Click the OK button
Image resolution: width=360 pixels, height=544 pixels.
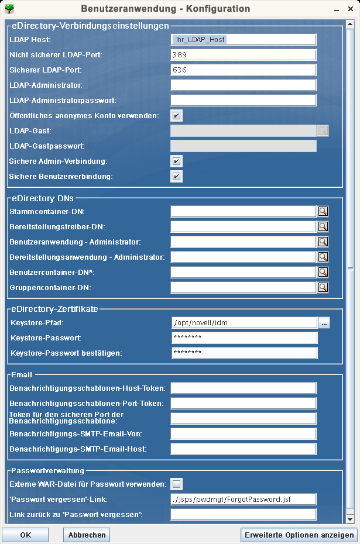tap(25, 535)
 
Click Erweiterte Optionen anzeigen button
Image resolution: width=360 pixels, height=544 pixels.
tap(299, 535)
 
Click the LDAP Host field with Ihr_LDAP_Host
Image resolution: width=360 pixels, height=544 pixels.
tap(243, 39)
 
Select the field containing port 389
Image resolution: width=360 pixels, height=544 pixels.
tap(243, 54)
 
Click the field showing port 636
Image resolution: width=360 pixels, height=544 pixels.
tap(243, 70)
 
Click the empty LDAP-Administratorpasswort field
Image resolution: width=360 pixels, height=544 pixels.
tap(243, 100)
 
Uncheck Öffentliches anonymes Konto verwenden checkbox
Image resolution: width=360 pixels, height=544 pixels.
tap(177, 115)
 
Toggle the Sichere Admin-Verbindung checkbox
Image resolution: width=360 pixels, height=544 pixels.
tap(177, 161)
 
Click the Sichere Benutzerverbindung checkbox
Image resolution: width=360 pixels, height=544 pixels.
tap(177, 176)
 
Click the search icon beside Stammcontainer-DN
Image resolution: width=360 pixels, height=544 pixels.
tap(323, 211)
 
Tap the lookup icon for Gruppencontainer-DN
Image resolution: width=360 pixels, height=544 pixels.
tap(323, 287)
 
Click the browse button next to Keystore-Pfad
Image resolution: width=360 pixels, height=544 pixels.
tap(324, 322)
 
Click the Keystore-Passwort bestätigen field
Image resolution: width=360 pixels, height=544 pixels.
tap(244, 353)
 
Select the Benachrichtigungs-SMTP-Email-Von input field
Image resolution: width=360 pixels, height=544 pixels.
tap(243, 433)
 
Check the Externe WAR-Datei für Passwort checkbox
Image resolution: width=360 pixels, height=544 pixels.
tap(177, 484)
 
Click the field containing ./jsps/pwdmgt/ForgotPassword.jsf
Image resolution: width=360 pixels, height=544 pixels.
tap(243, 499)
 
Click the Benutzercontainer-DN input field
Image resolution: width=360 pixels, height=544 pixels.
tap(243, 272)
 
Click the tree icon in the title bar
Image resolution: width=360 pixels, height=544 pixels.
tap(9, 9)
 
